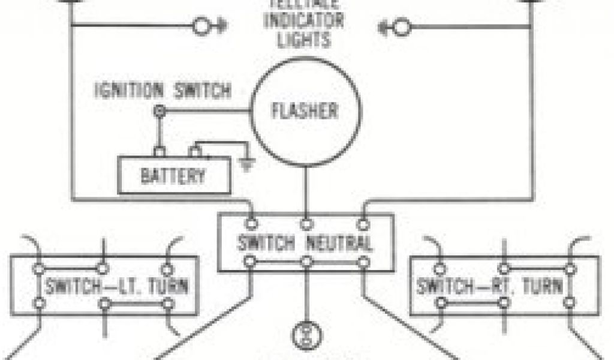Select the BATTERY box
pos(174,175)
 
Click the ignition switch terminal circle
pos(159,112)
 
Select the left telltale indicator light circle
pos(202,27)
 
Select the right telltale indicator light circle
pos(402,27)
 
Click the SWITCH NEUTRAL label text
pos(305,244)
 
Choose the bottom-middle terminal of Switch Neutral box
pos(306,262)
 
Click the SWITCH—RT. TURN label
pos(490,286)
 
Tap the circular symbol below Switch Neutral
pos(306,336)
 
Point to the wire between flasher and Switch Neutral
pos(306,192)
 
